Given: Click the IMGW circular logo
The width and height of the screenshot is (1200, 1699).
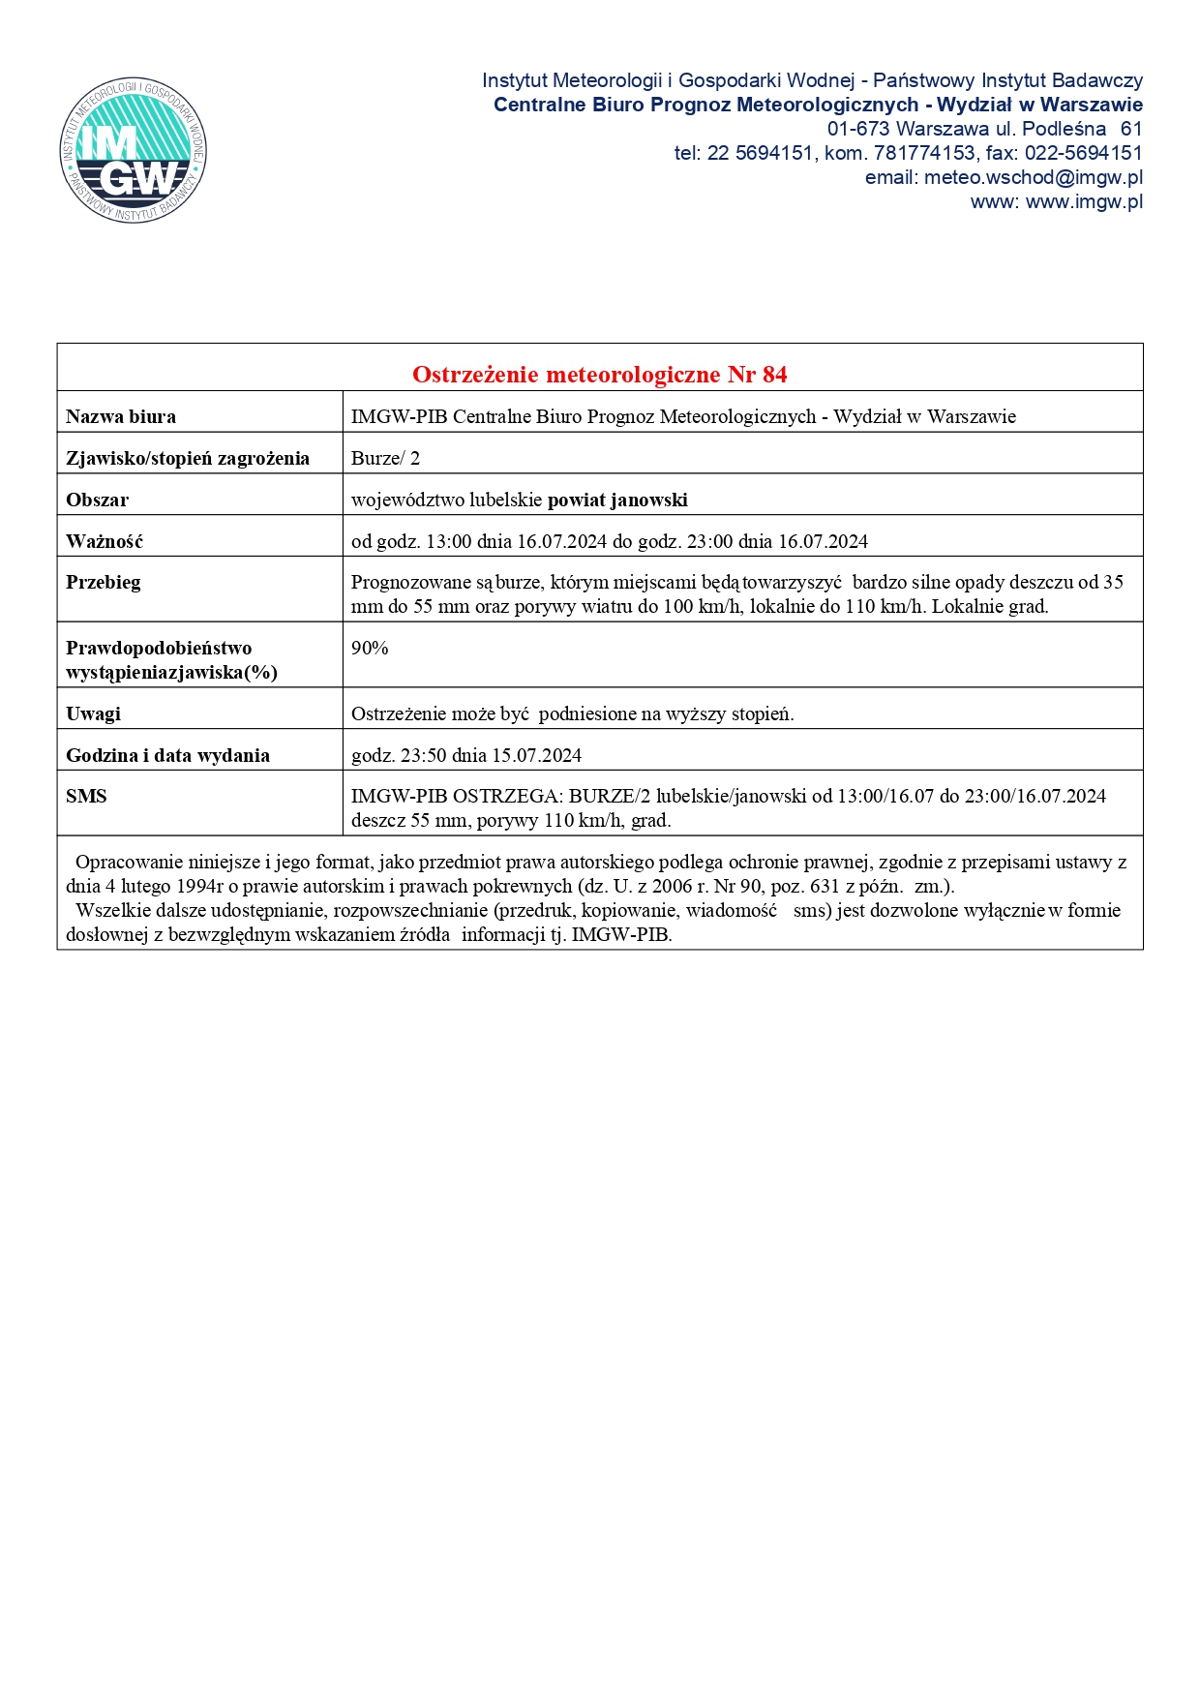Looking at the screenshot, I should click(133, 150).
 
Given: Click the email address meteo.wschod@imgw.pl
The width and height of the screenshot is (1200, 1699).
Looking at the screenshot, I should click(1033, 177).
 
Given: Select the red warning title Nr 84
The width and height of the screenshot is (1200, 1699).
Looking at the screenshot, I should click(599, 374).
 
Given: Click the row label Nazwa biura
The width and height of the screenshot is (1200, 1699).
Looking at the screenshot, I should click(121, 416).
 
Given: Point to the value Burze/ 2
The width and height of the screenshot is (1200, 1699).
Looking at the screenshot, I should click(385, 458).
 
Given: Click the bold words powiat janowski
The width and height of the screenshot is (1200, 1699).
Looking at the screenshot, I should click(617, 500).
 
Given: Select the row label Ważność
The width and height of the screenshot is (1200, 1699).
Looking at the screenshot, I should click(105, 541).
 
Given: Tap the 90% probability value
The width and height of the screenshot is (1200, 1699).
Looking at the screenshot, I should click(370, 648).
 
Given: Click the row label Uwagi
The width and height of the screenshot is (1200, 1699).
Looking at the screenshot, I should click(93, 713).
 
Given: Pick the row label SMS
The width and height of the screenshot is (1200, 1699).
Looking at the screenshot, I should click(86, 796).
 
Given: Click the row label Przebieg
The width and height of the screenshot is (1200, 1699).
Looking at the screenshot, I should click(104, 582).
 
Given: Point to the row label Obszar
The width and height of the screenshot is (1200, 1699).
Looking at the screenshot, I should click(97, 500).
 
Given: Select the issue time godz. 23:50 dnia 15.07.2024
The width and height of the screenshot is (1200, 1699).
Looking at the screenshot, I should click(466, 755).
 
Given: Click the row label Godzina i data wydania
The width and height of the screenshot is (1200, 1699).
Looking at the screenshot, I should click(167, 755).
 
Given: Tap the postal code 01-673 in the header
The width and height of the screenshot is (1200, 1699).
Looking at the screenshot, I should click(858, 129).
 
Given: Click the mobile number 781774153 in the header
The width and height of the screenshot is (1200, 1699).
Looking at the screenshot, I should click(924, 153).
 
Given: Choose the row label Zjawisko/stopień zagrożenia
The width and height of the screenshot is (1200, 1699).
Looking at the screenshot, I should click(188, 458).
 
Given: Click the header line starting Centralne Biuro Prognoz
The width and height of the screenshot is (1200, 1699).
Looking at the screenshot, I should click(818, 105).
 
